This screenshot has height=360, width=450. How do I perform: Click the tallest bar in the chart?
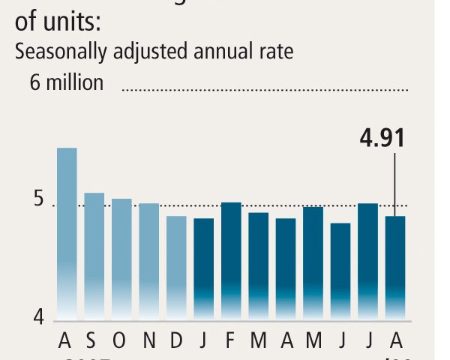(67, 232)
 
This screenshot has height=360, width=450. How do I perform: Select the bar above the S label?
(94, 255)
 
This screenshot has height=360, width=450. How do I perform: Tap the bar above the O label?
(121, 259)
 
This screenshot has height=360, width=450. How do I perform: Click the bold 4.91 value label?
(382, 139)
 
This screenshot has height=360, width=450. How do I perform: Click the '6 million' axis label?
(67, 82)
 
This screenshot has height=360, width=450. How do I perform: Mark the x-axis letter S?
(91, 341)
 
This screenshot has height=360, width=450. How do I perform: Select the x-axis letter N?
(149, 341)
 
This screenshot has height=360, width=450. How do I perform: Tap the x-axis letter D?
(176, 341)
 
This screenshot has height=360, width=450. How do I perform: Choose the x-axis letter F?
(231, 341)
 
